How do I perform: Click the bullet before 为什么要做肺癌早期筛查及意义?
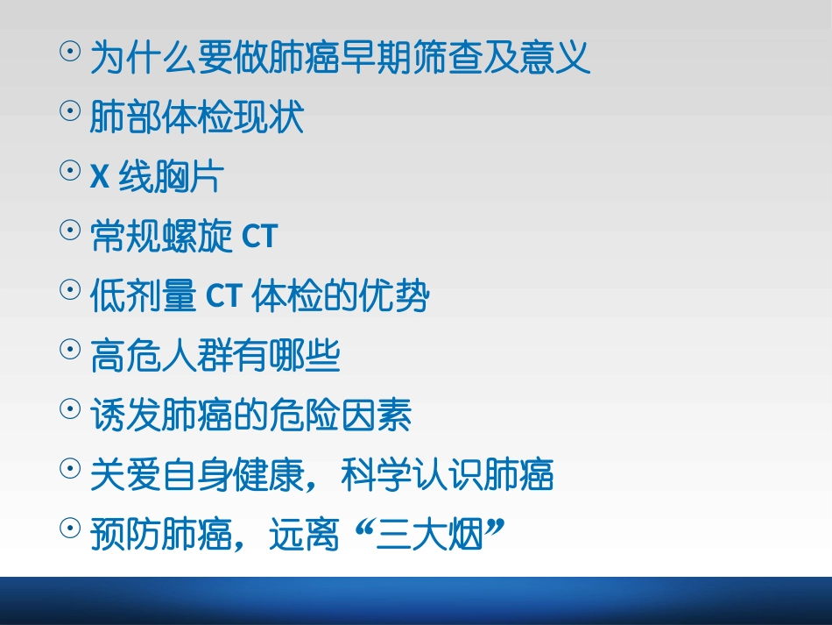(69, 53)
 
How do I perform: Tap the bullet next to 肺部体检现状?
(69, 111)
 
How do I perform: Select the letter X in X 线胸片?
(100, 178)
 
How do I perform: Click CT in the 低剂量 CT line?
(223, 297)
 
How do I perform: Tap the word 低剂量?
(143, 297)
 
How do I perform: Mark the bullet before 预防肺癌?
(69, 529)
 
